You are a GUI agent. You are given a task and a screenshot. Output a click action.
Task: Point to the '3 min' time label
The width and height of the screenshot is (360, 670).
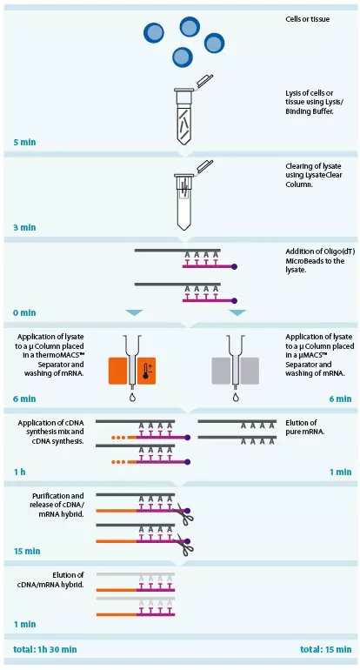24,227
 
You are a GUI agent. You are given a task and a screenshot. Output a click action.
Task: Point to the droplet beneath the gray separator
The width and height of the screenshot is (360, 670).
235,399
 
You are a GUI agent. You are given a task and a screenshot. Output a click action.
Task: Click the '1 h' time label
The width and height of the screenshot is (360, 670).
19,471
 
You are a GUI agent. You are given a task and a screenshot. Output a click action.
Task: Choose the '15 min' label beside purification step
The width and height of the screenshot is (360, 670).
27,551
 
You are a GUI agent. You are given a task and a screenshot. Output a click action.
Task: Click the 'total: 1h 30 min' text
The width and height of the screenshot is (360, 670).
45,649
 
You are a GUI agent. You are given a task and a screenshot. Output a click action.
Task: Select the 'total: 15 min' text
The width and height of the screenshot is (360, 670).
323,649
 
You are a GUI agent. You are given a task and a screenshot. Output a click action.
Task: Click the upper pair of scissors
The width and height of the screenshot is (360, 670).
183,514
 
